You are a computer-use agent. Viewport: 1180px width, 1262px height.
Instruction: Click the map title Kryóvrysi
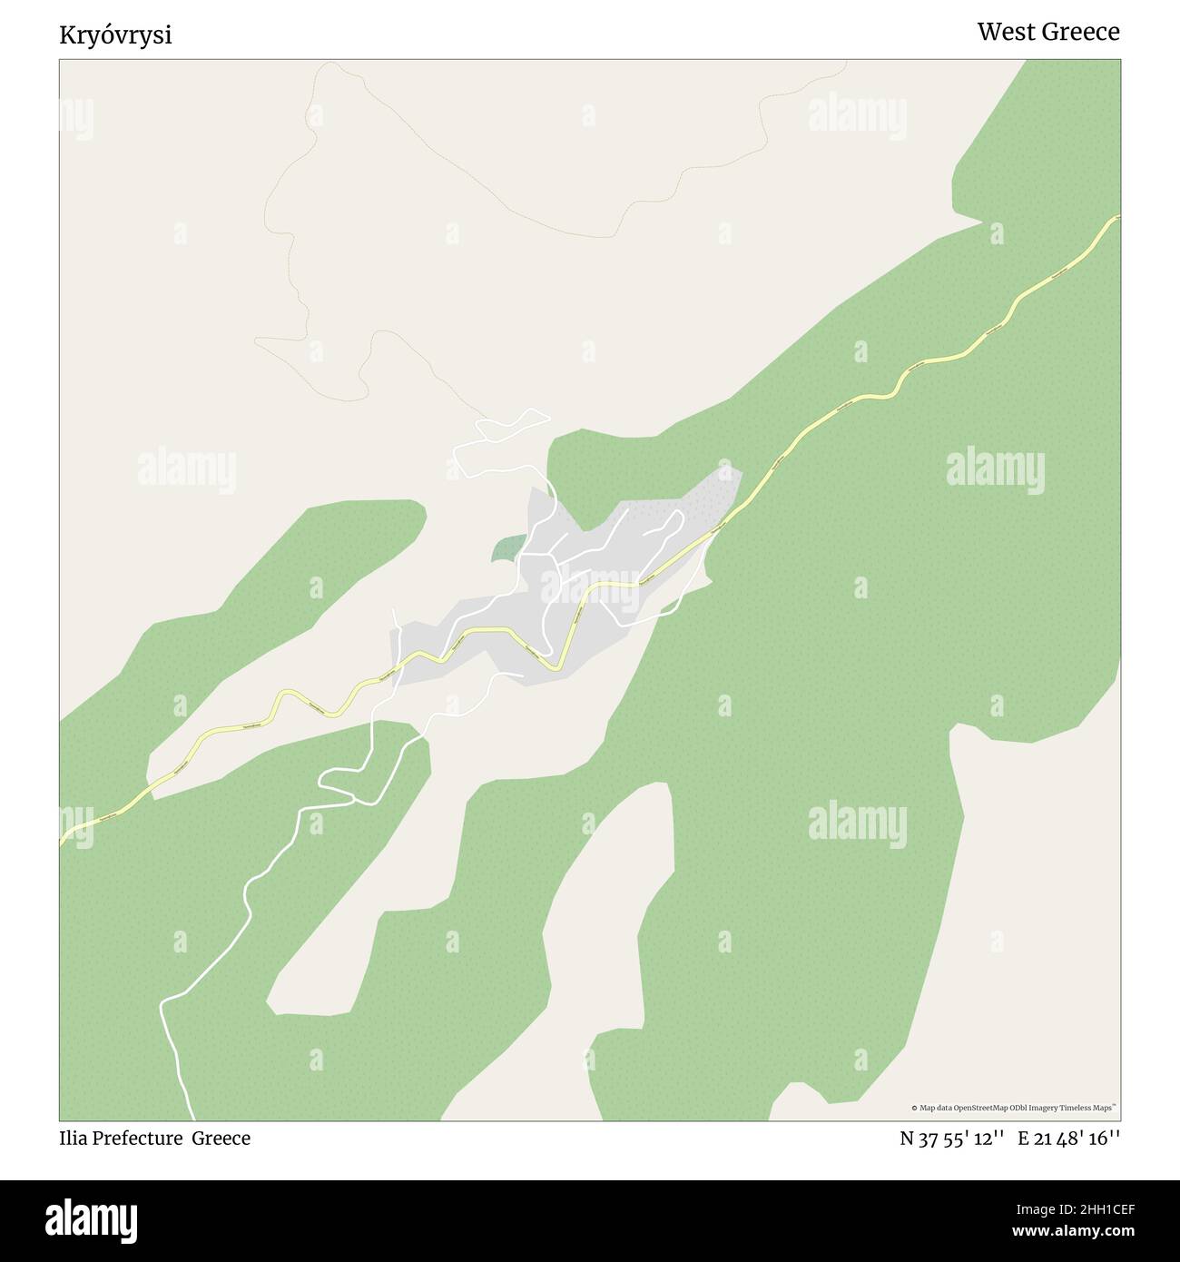point(115,35)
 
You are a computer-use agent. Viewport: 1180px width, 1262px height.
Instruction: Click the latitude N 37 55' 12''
point(951,1139)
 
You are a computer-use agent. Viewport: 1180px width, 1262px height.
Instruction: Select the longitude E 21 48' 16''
point(1069,1139)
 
